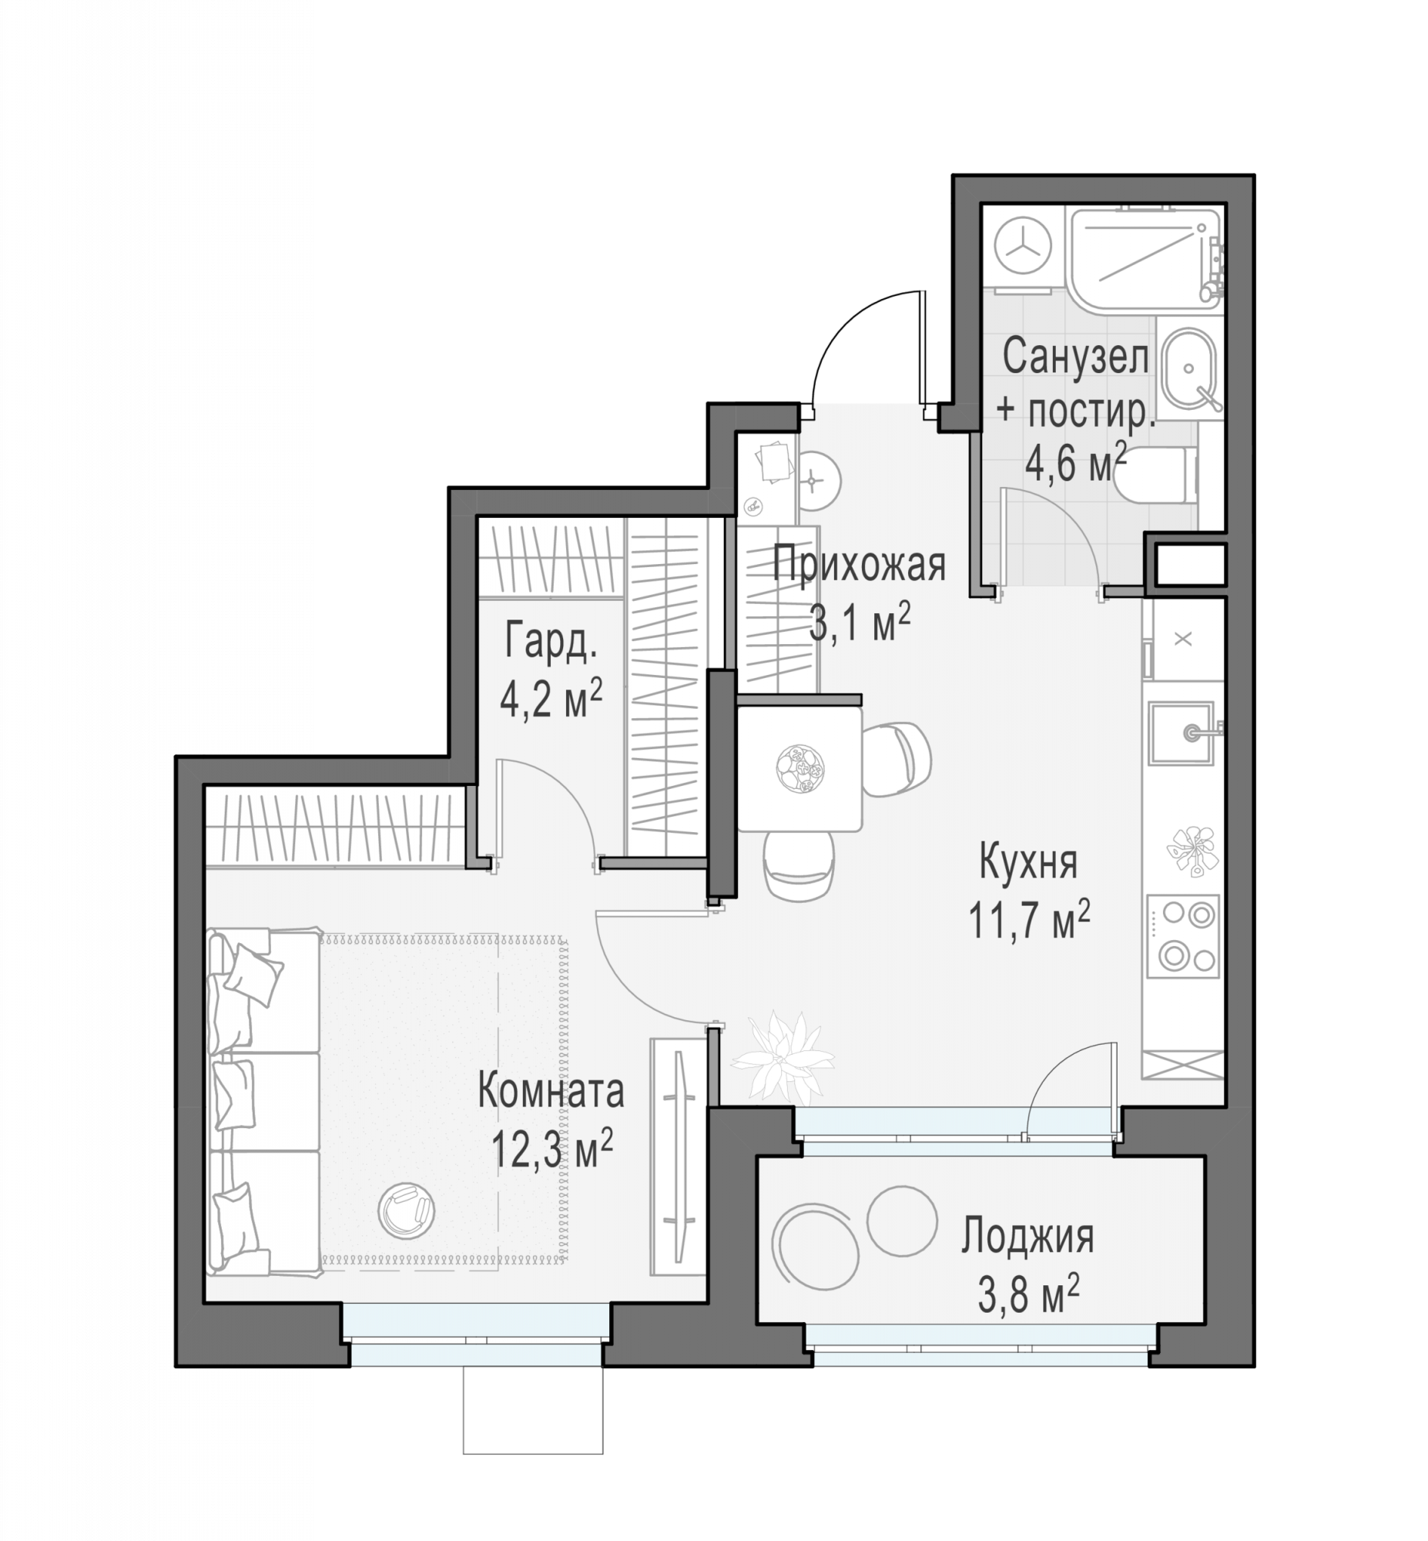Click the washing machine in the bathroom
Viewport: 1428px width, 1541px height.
coord(1023,246)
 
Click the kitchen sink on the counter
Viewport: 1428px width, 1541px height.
coord(1181,733)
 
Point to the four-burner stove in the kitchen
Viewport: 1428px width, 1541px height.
coord(1183,937)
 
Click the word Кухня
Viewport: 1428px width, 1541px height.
coord(1028,861)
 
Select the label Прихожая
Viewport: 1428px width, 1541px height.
coord(860,565)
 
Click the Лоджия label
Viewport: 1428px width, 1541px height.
coord(1027,1237)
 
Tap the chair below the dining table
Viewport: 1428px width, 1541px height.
coord(799,866)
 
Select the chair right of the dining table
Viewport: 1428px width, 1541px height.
coord(897,759)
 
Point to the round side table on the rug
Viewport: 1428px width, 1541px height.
coord(407,1210)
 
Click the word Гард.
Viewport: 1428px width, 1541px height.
coord(551,640)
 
